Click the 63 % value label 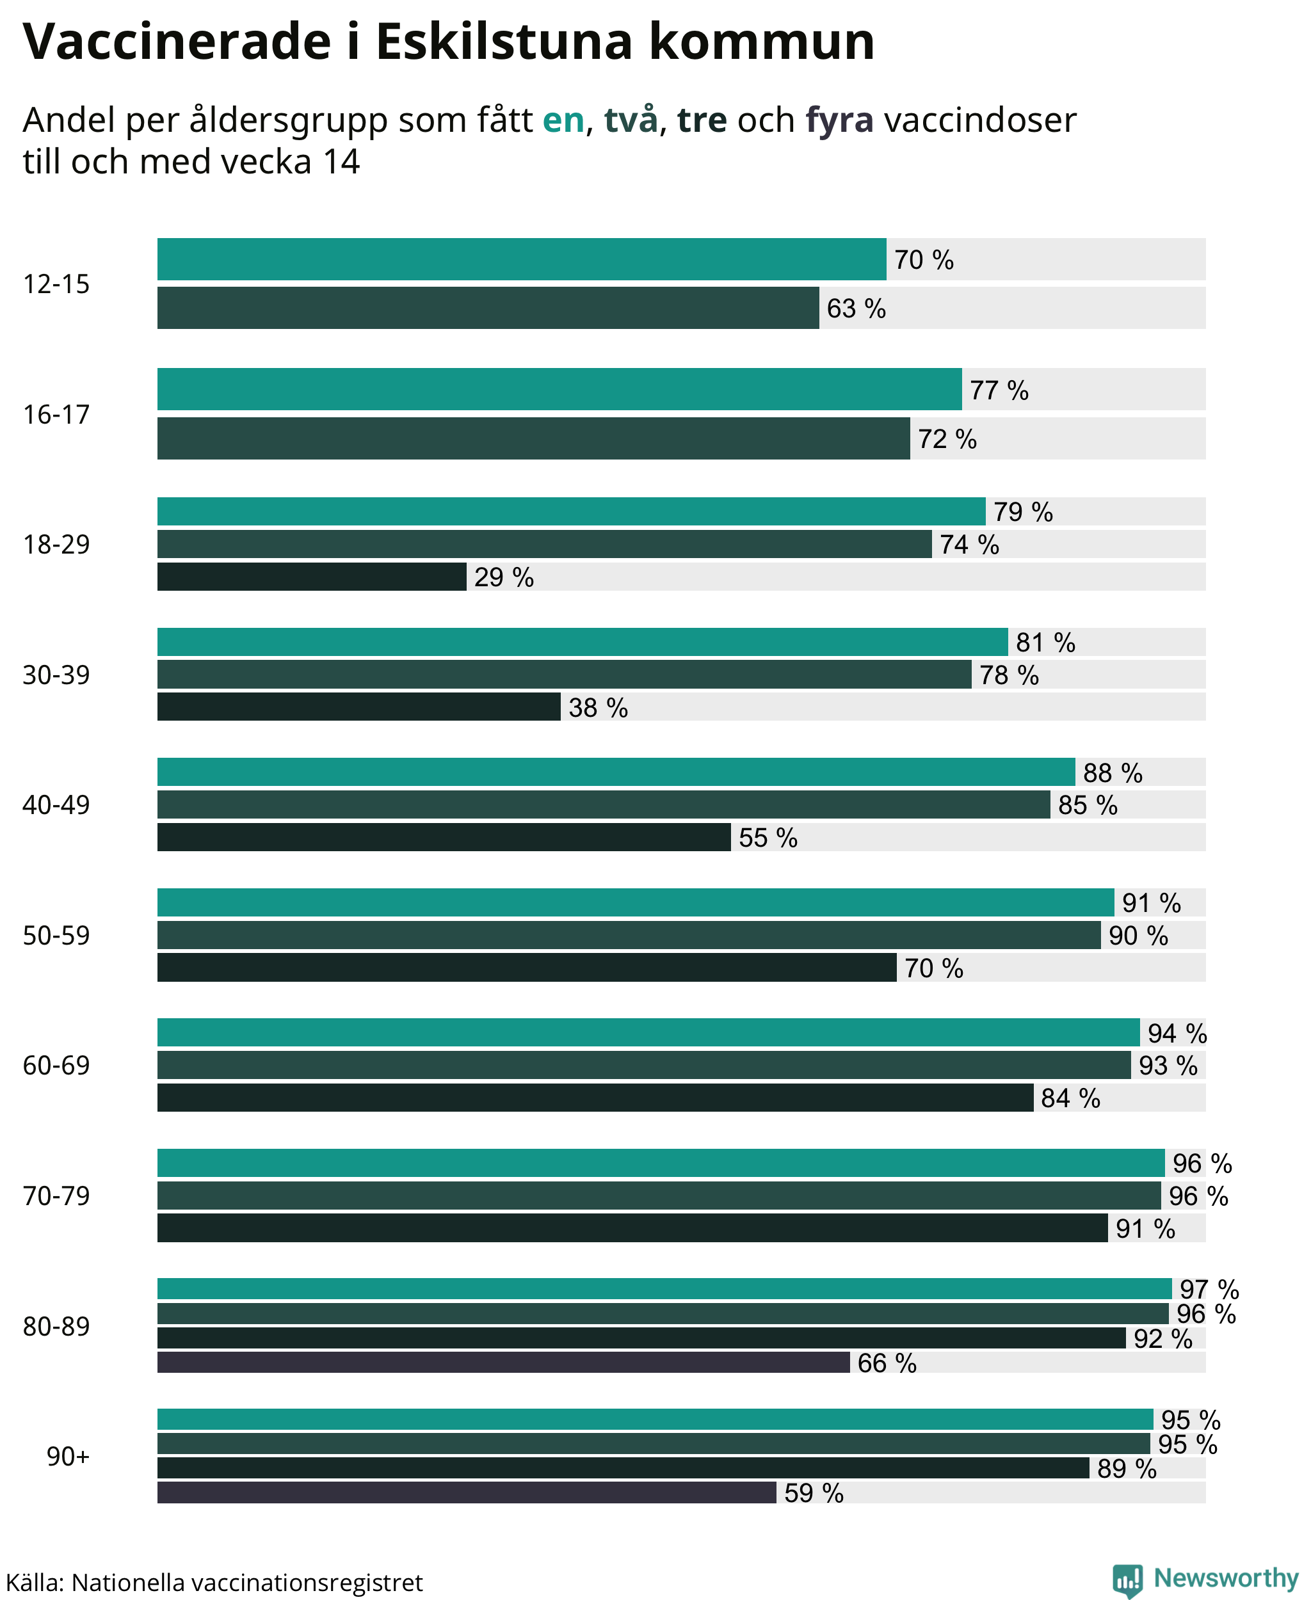[x=857, y=309]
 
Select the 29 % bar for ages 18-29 [x=312, y=577]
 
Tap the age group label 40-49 [x=56, y=805]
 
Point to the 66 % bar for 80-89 [x=504, y=1363]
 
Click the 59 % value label [x=814, y=1494]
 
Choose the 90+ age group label [x=68, y=1457]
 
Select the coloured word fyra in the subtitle [x=840, y=120]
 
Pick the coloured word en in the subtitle [x=563, y=121]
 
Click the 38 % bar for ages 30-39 [x=358, y=707]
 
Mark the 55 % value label [x=768, y=838]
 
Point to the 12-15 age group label [x=56, y=285]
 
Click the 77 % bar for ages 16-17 [x=559, y=390]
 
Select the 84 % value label [x=1071, y=1099]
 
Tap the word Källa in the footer [x=35, y=1583]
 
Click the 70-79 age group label [x=56, y=1196]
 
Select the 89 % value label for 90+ [x=1127, y=1469]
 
